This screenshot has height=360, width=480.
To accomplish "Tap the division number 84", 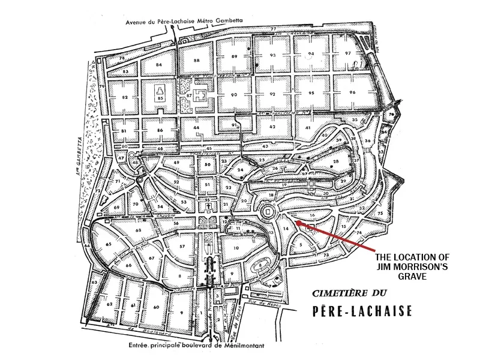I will coord(159,64).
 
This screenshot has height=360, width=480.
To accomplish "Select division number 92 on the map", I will coord(272,94).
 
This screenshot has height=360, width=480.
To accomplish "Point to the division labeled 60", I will coord(155,307).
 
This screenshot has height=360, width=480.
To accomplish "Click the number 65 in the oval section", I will coord(109,245).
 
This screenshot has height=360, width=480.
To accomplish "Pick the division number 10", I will coord(236,247).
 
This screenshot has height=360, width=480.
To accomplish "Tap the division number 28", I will coord(337,162).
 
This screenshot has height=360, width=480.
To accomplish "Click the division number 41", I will coord(308,128).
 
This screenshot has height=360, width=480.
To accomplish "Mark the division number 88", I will coord(196,61).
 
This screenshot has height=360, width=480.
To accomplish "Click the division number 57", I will coord(182,247).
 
